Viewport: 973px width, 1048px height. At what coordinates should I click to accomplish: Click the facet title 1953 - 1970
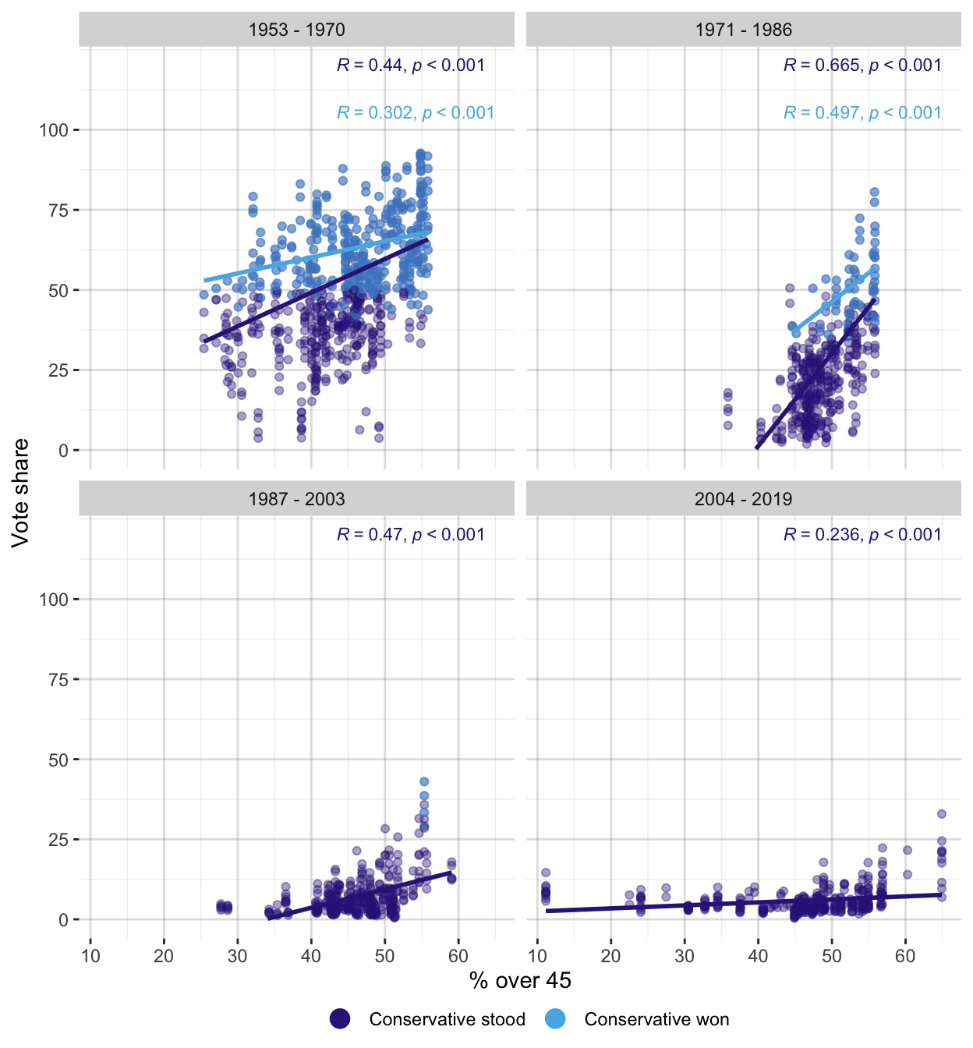point(296,30)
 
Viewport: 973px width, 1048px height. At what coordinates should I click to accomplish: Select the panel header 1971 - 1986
point(743,30)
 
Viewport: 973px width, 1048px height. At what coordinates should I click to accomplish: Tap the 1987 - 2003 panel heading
point(296,499)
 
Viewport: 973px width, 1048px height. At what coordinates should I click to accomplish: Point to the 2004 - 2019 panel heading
point(743,499)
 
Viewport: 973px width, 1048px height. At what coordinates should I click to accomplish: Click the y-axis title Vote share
point(20,493)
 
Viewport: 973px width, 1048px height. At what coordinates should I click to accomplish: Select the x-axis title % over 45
point(520,981)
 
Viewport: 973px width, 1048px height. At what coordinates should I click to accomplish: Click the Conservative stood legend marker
point(340,1019)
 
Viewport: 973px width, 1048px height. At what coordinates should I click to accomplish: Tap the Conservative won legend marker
point(555,1019)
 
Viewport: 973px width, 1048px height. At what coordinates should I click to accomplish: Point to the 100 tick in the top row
point(54,130)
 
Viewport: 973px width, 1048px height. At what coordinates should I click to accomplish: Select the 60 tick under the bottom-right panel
point(905,957)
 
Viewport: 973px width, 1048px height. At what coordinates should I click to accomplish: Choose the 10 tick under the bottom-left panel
point(90,957)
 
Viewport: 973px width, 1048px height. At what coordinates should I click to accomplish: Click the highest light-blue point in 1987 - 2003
point(424,781)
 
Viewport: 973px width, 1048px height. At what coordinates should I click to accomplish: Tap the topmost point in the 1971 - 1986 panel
point(874,192)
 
